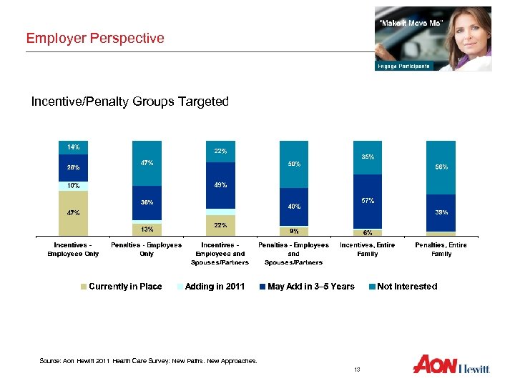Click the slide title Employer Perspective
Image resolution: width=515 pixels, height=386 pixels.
(x=95, y=38)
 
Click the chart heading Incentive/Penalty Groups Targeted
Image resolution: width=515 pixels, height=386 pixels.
(x=129, y=102)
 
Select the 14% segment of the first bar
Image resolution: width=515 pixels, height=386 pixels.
(x=73, y=147)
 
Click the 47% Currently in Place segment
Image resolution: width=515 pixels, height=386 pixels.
(x=73, y=212)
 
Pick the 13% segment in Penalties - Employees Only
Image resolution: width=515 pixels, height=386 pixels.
(x=147, y=229)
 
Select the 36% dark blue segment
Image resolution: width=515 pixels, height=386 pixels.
(x=147, y=203)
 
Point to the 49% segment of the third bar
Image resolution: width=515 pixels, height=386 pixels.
(x=220, y=186)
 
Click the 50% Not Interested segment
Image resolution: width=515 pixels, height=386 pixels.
(x=294, y=164)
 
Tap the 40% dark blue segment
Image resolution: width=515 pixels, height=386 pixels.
(x=294, y=207)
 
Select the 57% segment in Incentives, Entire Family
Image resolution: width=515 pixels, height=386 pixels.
(x=368, y=201)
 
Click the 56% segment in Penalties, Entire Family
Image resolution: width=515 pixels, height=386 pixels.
(x=441, y=167)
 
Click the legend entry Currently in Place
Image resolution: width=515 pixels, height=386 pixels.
(x=121, y=287)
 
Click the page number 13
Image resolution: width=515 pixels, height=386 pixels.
(x=357, y=369)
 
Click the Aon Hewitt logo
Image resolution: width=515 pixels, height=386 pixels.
(x=451, y=365)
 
